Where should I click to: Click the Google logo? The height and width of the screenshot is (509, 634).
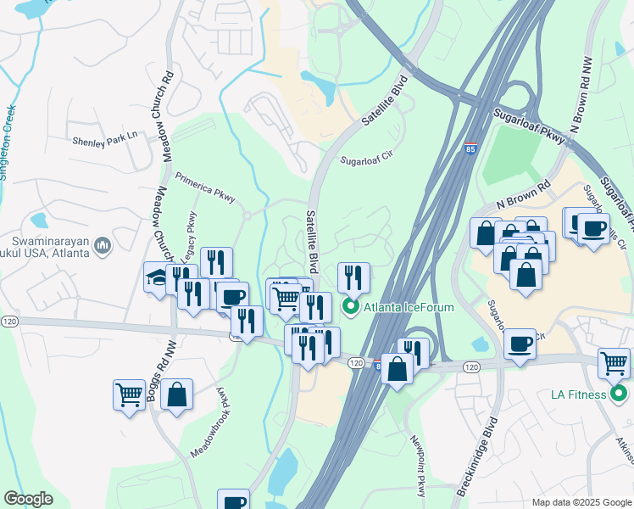(x=28, y=499)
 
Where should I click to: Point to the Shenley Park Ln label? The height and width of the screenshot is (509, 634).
(x=104, y=143)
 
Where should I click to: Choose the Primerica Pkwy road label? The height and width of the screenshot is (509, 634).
(x=208, y=188)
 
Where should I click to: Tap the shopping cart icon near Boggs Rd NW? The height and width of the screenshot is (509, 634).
(x=129, y=394)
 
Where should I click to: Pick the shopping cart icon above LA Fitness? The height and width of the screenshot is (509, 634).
(x=614, y=363)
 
